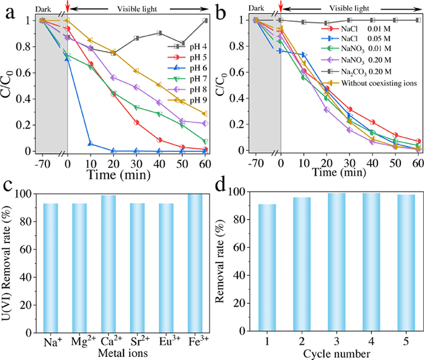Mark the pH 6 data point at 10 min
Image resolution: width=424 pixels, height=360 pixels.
coord(90,144)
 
